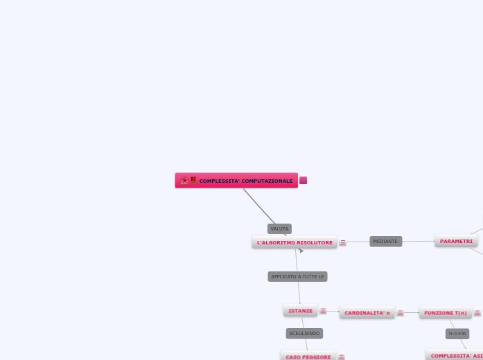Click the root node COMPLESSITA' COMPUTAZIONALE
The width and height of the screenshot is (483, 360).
(245, 181)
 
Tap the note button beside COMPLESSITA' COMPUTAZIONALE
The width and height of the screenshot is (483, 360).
(304, 181)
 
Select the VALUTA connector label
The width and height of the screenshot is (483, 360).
(279, 228)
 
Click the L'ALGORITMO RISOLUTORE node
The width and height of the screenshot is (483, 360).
(295, 242)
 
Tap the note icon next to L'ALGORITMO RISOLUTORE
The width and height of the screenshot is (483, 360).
(343, 243)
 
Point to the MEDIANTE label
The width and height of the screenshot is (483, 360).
(385, 241)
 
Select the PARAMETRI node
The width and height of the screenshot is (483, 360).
(456, 241)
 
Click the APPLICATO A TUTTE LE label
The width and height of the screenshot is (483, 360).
(297, 276)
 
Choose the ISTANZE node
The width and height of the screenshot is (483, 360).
(300, 311)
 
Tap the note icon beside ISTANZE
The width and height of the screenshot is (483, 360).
(323, 312)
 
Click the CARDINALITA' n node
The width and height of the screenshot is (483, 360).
(367, 313)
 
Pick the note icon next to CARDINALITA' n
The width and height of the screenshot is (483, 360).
(401, 313)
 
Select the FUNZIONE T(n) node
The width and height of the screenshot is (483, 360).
(446, 313)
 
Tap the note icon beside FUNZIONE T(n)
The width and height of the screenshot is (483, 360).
(477, 313)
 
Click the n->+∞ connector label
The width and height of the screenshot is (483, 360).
(457, 334)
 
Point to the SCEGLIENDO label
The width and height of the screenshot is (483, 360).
(304, 333)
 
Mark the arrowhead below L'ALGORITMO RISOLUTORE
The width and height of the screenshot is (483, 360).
(301, 251)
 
